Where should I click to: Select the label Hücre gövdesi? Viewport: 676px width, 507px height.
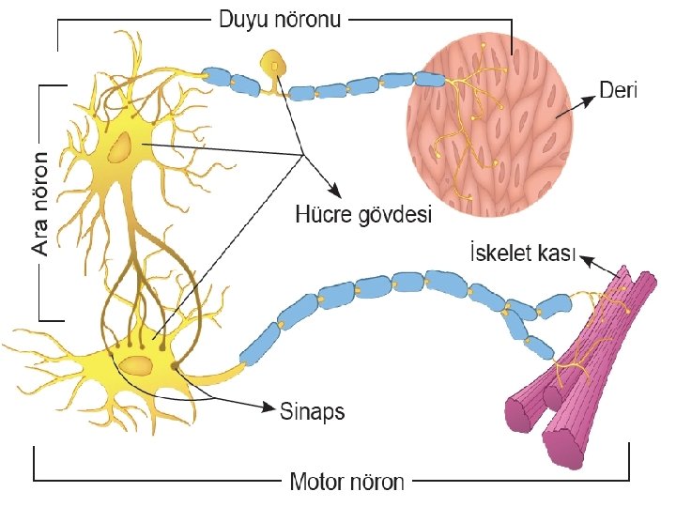coord(363,216)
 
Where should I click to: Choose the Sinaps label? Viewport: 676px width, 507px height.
coord(313,410)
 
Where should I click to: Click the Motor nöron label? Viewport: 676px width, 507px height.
coord(347,483)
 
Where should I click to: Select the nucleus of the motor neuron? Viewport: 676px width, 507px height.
coord(136,365)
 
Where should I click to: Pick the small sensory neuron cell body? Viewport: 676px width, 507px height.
coord(274,66)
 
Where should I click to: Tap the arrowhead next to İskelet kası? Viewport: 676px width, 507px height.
coord(584,263)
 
